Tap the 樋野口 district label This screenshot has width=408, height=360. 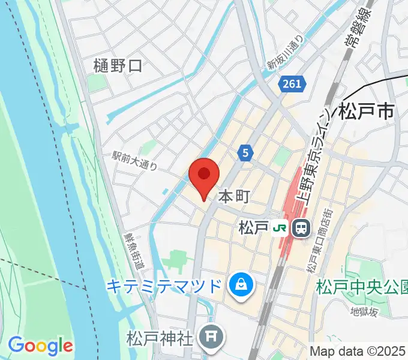[x=118, y=66]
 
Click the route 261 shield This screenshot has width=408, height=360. [x=290, y=85]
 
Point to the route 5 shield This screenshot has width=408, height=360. [x=244, y=153]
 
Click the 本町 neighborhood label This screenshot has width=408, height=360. [x=233, y=196]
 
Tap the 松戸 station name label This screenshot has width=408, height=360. [x=253, y=228]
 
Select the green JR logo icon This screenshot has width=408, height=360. [x=279, y=228]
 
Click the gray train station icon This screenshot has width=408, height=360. [x=300, y=228]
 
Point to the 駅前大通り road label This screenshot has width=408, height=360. [x=134, y=160]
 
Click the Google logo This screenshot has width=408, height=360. [x=41, y=346]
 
